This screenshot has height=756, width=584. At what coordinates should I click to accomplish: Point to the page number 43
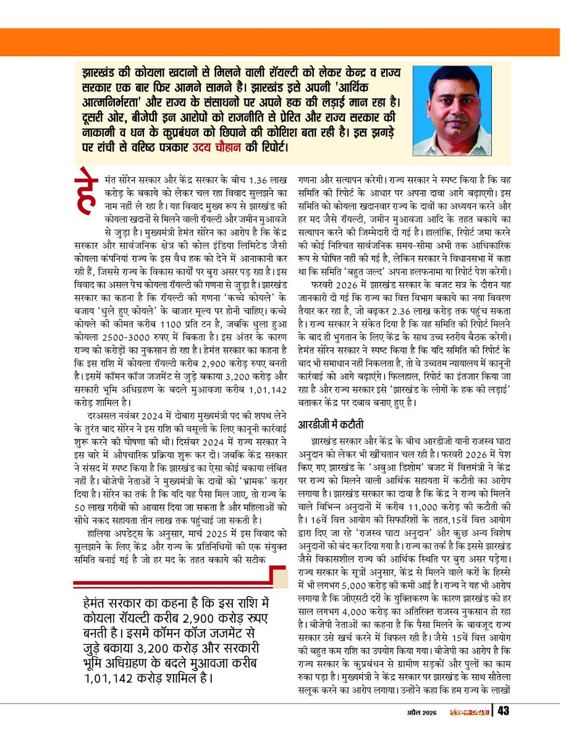[x=503, y=713]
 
